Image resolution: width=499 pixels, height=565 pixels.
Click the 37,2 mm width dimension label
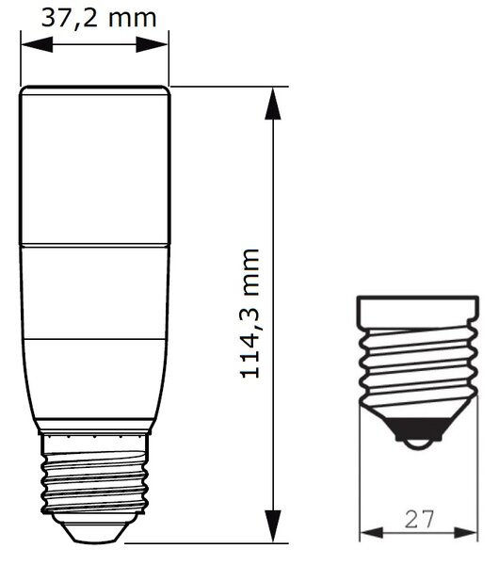(x=99, y=18)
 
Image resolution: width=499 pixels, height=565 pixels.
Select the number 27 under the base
(x=419, y=519)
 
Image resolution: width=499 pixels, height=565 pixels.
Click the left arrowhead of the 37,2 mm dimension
(x=37, y=44)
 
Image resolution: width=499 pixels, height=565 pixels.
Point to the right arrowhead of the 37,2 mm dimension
(x=152, y=44)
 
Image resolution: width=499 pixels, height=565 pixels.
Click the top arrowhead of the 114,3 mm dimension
(x=273, y=104)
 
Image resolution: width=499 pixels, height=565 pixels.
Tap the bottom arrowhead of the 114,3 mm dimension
(x=273, y=526)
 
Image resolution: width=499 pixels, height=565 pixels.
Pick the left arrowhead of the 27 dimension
(x=372, y=533)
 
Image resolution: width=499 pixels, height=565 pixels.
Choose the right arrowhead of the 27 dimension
(x=466, y=533)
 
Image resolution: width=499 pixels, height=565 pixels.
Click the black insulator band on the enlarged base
(x=419, y=429)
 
